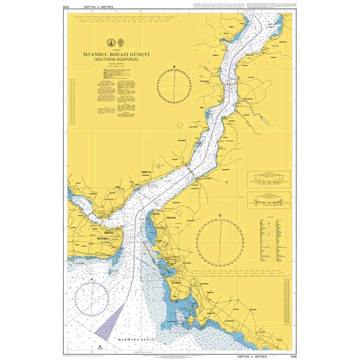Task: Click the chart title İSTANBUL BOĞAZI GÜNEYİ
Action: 116,54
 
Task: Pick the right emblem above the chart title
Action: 122,43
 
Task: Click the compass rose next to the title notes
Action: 174,86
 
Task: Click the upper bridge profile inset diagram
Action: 268,178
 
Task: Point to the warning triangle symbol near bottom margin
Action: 94,347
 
